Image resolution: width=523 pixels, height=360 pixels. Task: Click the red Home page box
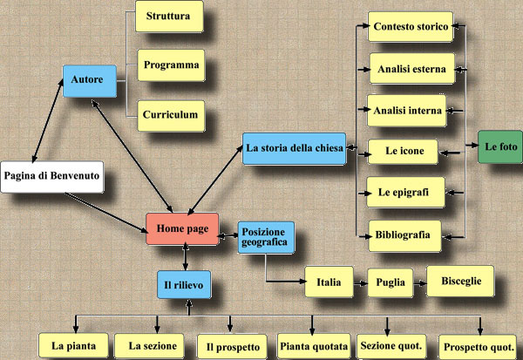pos(181,228)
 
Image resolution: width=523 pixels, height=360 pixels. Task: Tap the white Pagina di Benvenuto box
pos(51,177)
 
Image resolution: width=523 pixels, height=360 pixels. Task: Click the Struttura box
pos(170,17)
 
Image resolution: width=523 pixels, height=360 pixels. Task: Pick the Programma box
pos(170,65)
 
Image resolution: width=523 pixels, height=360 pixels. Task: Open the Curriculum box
pos(170,113)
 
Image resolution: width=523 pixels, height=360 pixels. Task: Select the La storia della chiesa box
pos(295,148)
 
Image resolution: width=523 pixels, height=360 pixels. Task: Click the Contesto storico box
pos(410,28)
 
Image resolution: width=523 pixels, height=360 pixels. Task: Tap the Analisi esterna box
pos(410,68)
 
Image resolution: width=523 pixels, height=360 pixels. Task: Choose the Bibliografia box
pos(405,234)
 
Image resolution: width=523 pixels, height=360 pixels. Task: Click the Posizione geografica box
pos(266,237)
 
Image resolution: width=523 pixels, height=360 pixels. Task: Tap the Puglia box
pos(389,283)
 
